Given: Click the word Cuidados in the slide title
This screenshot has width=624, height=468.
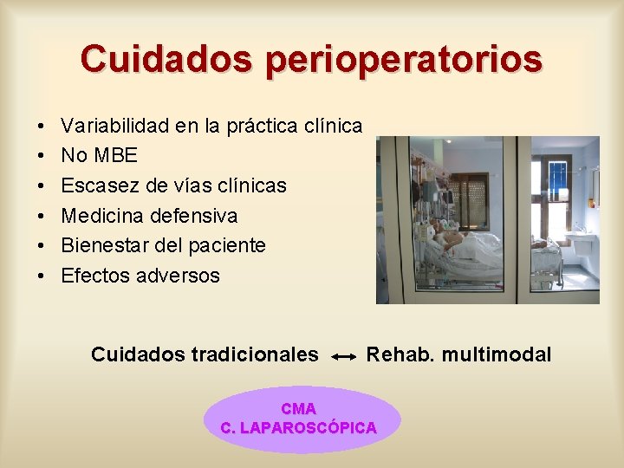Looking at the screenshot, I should (167, 58).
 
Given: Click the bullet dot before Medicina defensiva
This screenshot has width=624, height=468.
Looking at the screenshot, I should (42, 216).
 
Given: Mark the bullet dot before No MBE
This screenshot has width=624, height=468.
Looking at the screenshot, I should (42, 156).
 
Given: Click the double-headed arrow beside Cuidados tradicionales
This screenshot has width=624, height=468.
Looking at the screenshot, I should (343, 356).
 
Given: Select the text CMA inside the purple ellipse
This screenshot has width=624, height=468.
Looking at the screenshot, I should (298, 408).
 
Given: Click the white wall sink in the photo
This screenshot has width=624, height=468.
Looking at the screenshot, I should (579, 231).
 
